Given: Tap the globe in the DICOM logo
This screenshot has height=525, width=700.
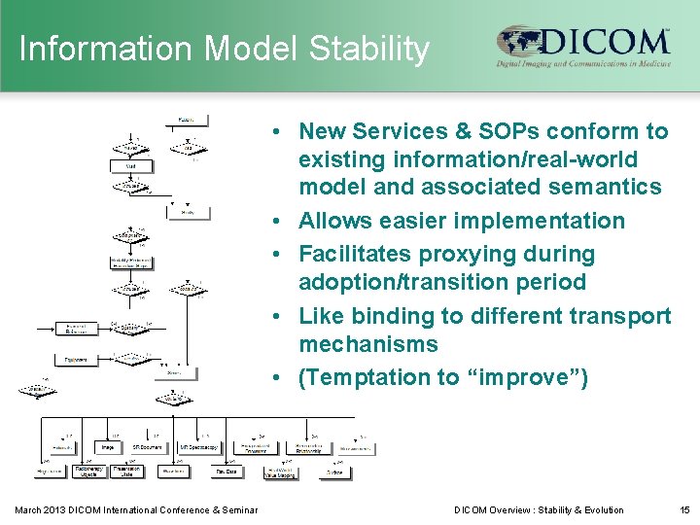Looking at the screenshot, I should coord(517,43).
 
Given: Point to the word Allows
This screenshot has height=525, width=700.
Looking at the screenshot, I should coord(336,221).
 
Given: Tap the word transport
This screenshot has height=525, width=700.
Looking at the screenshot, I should coord(625,316).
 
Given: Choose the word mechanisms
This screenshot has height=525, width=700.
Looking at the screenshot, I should coord(368,344).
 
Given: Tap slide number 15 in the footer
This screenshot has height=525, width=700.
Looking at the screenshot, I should coord(682,509).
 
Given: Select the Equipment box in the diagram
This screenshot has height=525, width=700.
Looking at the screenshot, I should coord(75,360).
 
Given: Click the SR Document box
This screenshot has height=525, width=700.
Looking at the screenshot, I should coord(147,448).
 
